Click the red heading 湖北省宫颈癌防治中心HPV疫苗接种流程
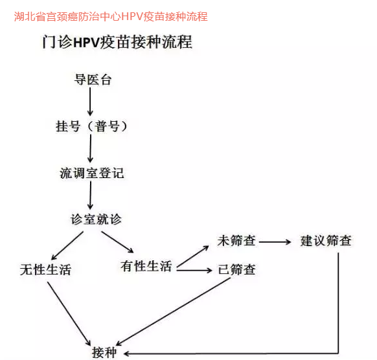click(111, 17)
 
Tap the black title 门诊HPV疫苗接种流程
click(117, 42)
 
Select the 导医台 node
click(93, 80)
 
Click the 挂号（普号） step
click(91, 126)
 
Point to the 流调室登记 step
click(91, 173)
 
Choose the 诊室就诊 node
click(96, 219)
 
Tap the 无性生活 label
click(46, 269)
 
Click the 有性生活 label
click(146, 266)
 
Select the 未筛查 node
click(236, 241)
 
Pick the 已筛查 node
click(236, 269)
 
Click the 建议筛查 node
click(326, 241)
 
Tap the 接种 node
click(104, 352)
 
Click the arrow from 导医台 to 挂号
click(90, 102)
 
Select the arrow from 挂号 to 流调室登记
click(91, 148)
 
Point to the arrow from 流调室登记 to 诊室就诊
click(91, 195)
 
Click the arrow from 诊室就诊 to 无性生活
click(67, 245)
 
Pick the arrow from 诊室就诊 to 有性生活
click(118, 242)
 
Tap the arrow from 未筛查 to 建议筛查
click(275, 242)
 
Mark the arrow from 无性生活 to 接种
click(69, 314)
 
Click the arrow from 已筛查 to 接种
click(174, 311)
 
